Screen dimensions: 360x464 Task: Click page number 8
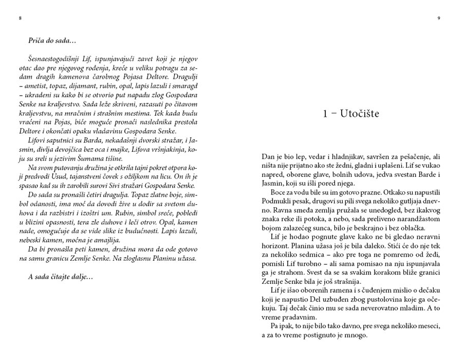(20, 18)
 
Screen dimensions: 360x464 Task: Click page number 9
(439, 18)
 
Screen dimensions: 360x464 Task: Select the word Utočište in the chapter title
(359, 114)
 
